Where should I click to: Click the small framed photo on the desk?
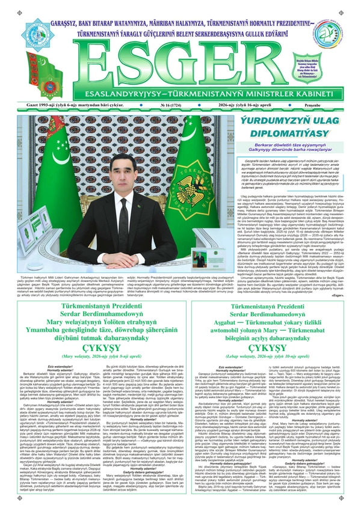199,259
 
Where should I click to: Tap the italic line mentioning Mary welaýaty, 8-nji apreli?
91,361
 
